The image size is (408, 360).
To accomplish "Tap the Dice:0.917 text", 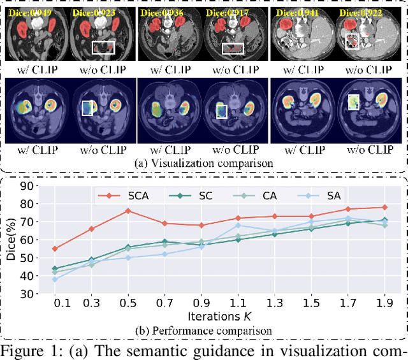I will [x=226, y=12].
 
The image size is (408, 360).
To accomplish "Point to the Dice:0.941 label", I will [x=294, y=12].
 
